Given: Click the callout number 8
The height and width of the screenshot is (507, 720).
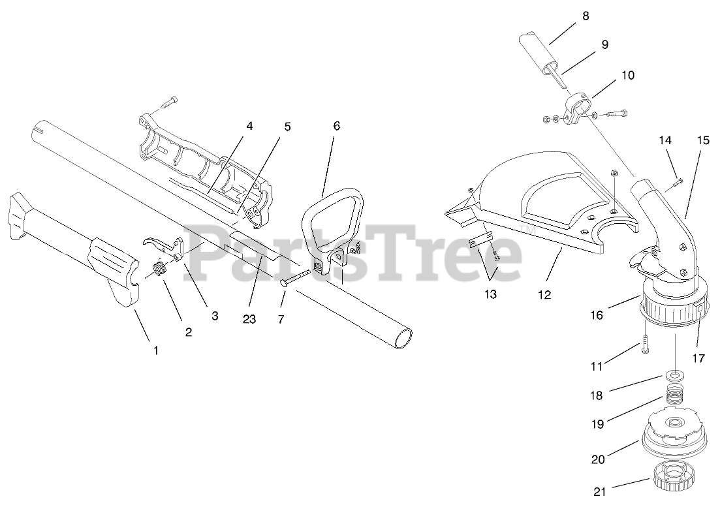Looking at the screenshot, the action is pyautogui.click(x=585, y=16).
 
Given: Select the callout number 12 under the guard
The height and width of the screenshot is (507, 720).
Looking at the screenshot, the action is pyautogui.click(x=544, y=295).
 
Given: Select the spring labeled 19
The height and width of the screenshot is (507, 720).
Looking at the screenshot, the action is pyautogui.click(x=676, y=395).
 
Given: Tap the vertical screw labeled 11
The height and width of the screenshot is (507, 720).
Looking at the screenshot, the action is pyautogui.click(x=644, y=341).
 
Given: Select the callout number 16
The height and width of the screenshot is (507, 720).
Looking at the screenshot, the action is pyautogui.click(x=597, y=315).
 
